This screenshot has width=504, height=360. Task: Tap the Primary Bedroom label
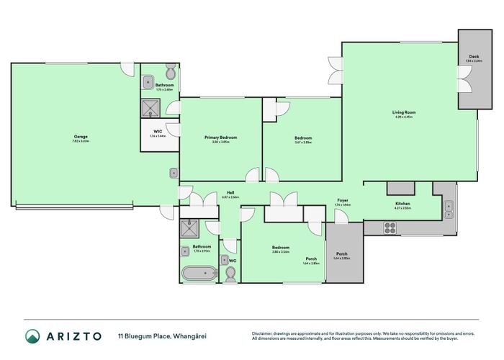click(x=220, y=138)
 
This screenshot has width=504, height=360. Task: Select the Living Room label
click(x=404, y=112)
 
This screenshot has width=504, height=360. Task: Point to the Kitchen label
click(x=402, y=204)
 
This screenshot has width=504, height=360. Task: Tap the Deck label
click(x=473, y=57)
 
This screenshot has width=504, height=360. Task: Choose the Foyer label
click(x=343, y=201)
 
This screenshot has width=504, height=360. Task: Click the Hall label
click(x=231, y=193)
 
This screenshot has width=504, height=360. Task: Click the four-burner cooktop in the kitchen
click(x=390, y=228)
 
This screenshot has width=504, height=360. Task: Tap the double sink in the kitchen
click(x=449, y=208)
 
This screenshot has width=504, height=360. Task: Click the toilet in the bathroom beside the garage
click(x=170, y=73)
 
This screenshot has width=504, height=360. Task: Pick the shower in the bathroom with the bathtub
click(x=192, y=228)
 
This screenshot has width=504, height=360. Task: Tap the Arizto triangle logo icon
click(x=33, y=336)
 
